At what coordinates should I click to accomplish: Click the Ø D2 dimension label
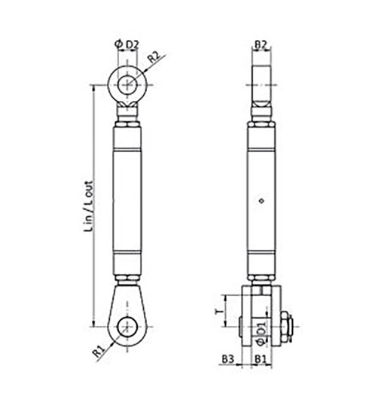click(x=127, y=44)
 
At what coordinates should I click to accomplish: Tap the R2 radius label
click(x=153, y=56)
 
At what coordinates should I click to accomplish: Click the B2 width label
click(x=261, y=44)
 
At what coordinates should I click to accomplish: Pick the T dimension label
click(x=219, y=309)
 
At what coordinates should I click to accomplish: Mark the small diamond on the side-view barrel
click(x=261, y=200)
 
